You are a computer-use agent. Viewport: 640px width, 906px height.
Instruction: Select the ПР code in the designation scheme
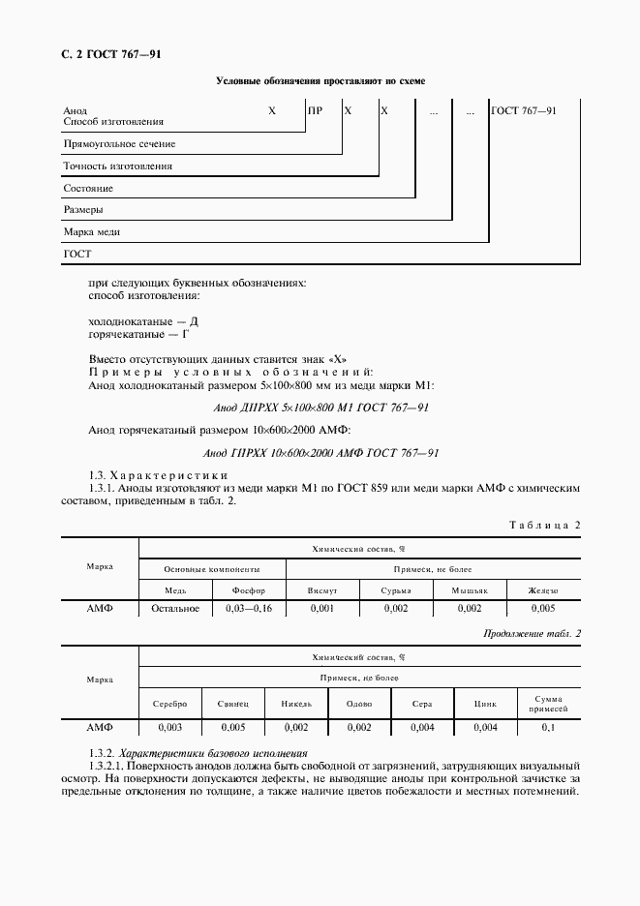tap(315, 111)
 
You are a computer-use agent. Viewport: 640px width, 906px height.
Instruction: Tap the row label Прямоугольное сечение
tap(118, 144)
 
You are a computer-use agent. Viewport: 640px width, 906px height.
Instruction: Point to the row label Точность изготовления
tap(117, 166)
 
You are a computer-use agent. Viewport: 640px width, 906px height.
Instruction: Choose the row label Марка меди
tap(91, 232)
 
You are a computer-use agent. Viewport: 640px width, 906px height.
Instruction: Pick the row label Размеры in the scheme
tap(83, 210)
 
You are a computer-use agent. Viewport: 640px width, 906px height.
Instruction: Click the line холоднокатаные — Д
tap(142, 320)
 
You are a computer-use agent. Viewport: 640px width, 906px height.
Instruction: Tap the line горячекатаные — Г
tap(139, 334)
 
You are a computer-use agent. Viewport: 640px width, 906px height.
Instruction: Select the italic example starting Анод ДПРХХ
tap(320, 408)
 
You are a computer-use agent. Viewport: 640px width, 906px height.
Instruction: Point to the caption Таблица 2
tap(544, 525)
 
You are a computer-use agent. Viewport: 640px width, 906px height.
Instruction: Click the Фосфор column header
tap(249, 590)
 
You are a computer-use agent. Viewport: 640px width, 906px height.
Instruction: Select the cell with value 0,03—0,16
tap(249, 609)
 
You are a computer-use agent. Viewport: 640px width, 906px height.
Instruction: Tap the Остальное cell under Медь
tap(175, 609)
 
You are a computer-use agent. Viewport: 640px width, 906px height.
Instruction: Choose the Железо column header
tap(542, 590)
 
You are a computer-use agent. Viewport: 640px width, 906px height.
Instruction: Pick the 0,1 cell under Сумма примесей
tap(548, 726)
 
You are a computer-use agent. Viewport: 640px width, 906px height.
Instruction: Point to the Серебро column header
tap(169, 704)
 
